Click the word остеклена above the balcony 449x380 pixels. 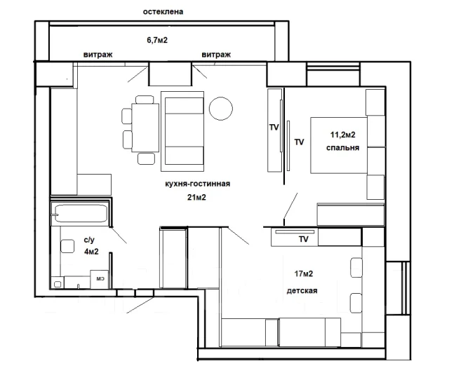pyautogui.click(x=163, y=12)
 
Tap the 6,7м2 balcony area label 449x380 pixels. pyautogui.click(x=157, y=40)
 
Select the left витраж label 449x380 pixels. pyautogui.click(x=98, y=55)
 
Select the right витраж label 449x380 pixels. pyautogui.click(x=216, y=55)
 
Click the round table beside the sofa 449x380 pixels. pyautogui.click(x=221, y=109)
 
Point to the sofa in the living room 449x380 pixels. pyautogui.click(x=182, y=131)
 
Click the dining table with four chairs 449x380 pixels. pyautogui.click(x=145, y=128)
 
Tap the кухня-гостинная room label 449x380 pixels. pyautogui.click(x=198, y=184)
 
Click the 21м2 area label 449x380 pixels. pyautogui.click(x=196, y=197)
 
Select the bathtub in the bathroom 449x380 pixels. pyautogui.click(x=81, y=213)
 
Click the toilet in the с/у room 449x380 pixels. pyautogui.click(x=67, y=246)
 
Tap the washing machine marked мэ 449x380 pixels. pyautogui.click(x=100, y=279)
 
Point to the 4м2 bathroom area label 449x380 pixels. pyautogui.click(x=91, y=252)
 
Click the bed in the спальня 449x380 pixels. pyautogui.click(x=339, y=145)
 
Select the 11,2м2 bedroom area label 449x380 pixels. pyautogui.click(x=343, y=135)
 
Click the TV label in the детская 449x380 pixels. pyautogui.click(x=304, y=239)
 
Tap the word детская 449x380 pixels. pyautogui.click(x=302, y=291)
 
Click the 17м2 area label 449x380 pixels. pyautogui.click(x=304, y=274)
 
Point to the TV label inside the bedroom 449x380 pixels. pyautogui.click(x=300, y=142)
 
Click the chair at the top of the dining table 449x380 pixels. pyautogui.click(x=145, y=100)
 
